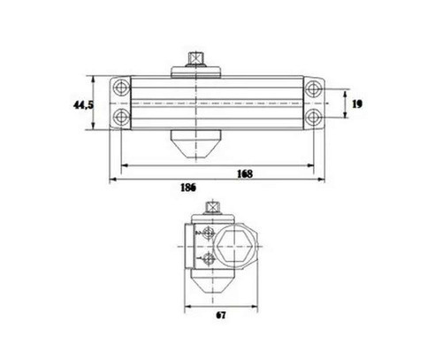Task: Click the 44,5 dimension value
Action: [83, 104]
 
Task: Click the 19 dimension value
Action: [357, 104]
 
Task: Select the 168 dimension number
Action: [245, 174]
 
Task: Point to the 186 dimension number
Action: [188, 188]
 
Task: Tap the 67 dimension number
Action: [221, 315]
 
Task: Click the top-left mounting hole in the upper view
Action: [121, 88]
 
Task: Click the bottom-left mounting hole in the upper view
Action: [121, 117]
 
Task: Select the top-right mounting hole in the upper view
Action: [313, 88]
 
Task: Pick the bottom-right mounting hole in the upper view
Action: [313, 118]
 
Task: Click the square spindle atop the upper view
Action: [195, 59]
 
